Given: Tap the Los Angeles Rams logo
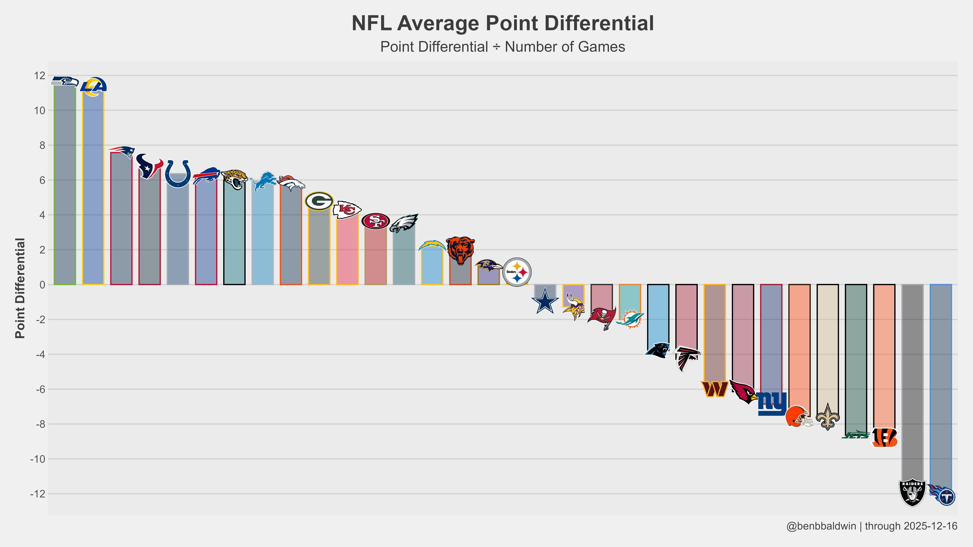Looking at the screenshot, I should point(93,86).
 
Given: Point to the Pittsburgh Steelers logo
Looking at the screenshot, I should point(517,272).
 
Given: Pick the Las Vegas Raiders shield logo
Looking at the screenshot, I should point(912,493).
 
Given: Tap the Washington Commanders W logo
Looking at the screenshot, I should point(714,389).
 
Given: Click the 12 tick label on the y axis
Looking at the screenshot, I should point(39,76).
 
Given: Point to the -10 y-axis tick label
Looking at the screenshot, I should point(37,459).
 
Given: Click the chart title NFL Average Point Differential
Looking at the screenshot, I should point(502,24).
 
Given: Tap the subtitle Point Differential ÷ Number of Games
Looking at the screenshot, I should point(502,47).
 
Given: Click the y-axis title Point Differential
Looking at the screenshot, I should point(20,288).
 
